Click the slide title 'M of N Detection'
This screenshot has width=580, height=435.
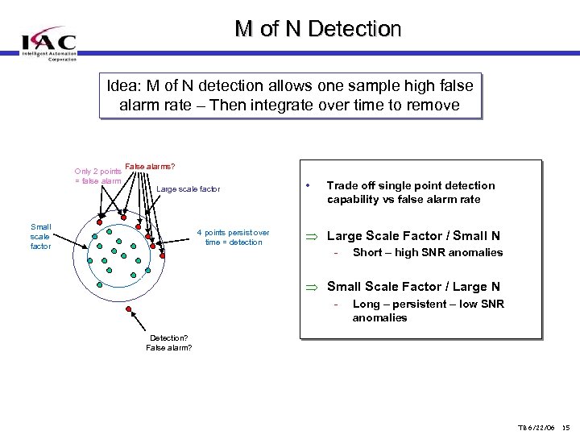(317, 29)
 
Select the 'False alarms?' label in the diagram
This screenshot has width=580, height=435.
(150, 167)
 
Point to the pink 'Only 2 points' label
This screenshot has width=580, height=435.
(97, 172)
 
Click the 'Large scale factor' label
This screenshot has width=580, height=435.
(188, 189)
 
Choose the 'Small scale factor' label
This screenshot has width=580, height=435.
(40, 237)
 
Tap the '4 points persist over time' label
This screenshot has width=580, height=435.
(233, 238)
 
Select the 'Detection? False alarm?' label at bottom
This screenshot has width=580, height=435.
(168, 342)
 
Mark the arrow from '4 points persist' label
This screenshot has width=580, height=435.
(178, 239)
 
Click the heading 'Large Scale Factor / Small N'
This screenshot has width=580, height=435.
(412, 236)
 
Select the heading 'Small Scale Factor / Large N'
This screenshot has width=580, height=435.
(412, 287)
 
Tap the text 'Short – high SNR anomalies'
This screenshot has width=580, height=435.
(427, 253)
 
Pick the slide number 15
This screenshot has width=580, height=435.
(565, 425)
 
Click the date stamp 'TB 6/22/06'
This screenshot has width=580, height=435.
(536, 425)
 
